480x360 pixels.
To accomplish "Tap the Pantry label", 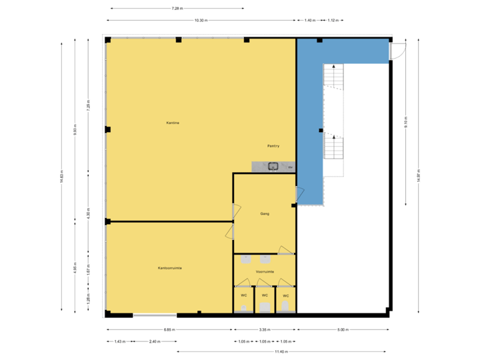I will (x=273, y=145).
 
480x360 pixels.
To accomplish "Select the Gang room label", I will (x=265, y=213).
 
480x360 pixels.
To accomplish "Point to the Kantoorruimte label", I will (x=170, y=268).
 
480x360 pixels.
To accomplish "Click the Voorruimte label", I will (x=265, y=272).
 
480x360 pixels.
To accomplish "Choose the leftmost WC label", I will (x=244, y=295).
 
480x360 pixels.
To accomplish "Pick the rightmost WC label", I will (x=286, y=295).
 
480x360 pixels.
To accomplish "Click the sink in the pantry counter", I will (x=273, y=167).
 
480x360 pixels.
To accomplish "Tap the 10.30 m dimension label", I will (x=201, y=21).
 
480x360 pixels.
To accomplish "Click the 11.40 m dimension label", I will (x=281, y=351).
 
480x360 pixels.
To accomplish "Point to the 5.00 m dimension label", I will (x=343, y=329).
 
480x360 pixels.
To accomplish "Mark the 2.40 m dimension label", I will (x=155, y=341).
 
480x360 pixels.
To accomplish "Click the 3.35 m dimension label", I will (x=265, y=329).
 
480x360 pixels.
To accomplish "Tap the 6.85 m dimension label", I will (x=169, y=329).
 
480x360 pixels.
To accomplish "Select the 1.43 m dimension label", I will (x=119, y=341).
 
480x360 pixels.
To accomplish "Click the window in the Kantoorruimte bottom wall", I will (x=145, y=315).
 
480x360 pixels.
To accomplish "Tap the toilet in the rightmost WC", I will (x=286, y=306).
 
